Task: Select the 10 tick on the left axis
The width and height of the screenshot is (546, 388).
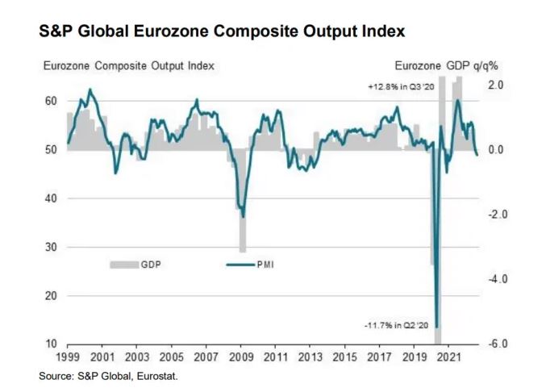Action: tap(50, 344)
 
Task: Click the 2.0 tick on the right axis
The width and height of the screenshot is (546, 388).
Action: tap(495, 85)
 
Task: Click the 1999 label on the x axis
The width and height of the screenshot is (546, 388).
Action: tap(68, 357)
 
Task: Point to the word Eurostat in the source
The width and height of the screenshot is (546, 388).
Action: tap(158, 375)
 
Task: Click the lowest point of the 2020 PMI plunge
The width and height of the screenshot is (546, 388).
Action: tap(436, 324)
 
